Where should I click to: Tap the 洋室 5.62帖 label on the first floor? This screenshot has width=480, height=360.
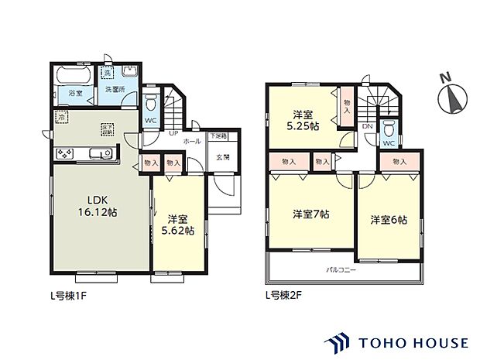point(179,224)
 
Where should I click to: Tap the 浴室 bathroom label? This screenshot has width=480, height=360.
point(74,93)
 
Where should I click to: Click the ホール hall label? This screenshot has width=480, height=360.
point(193,142)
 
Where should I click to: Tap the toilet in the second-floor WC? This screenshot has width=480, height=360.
point(390,128)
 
